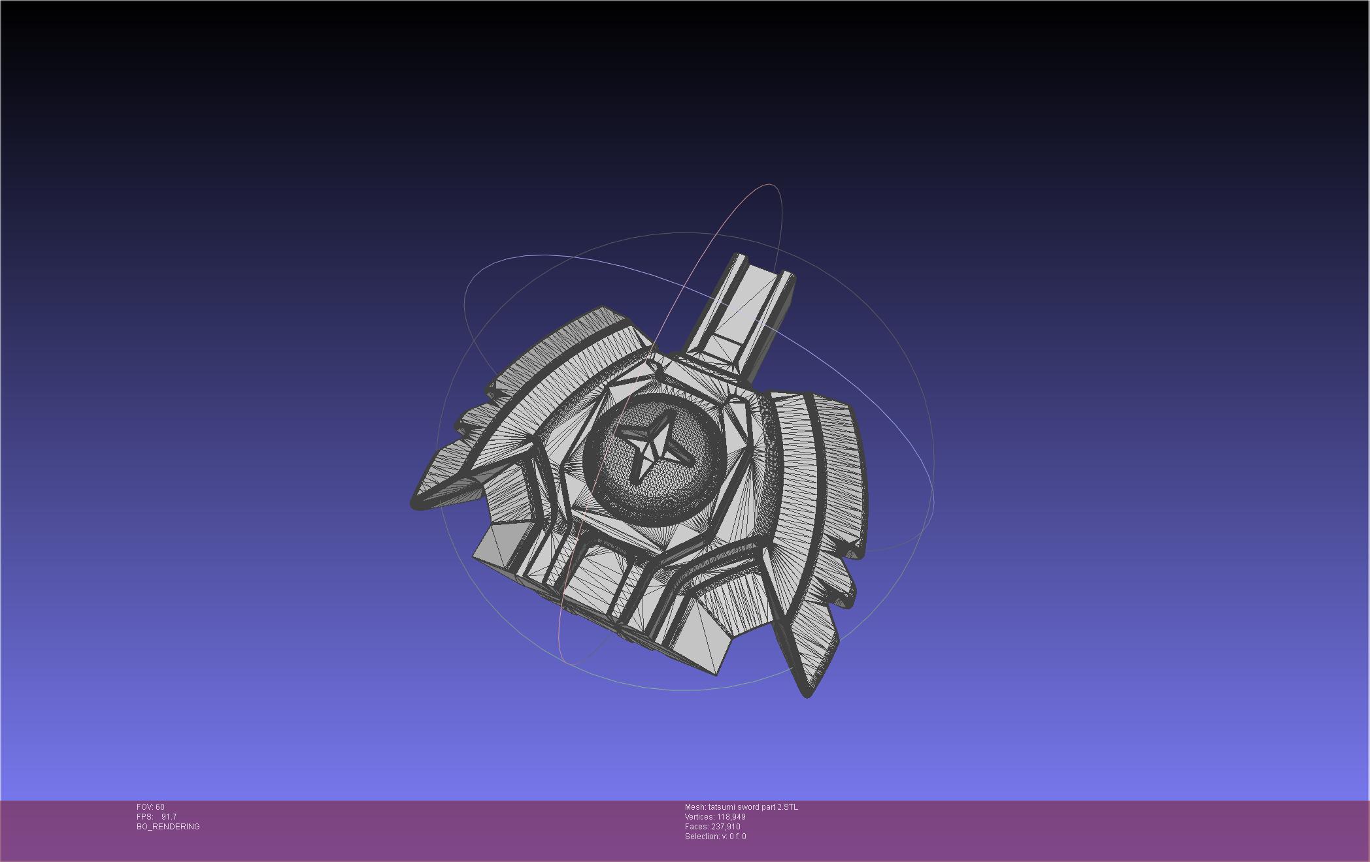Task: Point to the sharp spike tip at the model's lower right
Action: [x=807, y=694]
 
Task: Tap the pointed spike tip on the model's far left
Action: [x=414, y=503]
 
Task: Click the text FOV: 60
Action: [x=150, y=807]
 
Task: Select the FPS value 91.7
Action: [x=169, y=817]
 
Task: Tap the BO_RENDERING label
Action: [x=168, y=827]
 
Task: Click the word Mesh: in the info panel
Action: [x=695, y=807]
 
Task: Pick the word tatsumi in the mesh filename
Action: [x=722, y=807]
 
